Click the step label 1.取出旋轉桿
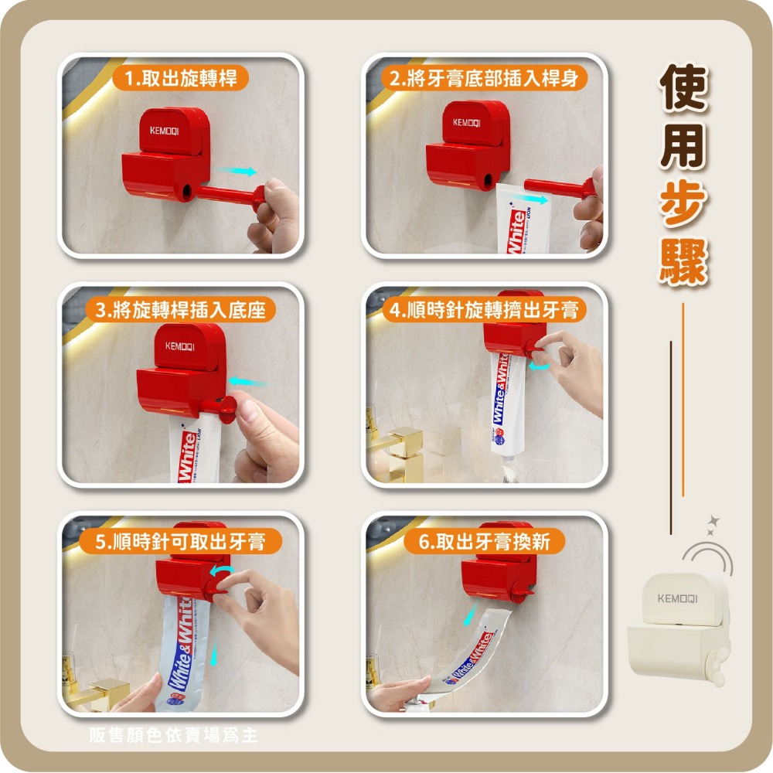(x=180, y=77)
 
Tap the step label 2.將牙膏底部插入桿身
(x=485, y=77)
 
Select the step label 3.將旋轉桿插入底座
(x=180, y=311)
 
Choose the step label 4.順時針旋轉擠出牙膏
(x=485, y=311)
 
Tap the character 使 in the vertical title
(x=683, y=87)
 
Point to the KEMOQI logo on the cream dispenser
(x=677, y=598)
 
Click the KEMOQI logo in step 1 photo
(x=164, y=131)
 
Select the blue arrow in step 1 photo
(x=237, y=170)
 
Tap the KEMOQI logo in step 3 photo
(x=179, y=346)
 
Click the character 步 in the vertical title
(x=683, y=204)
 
